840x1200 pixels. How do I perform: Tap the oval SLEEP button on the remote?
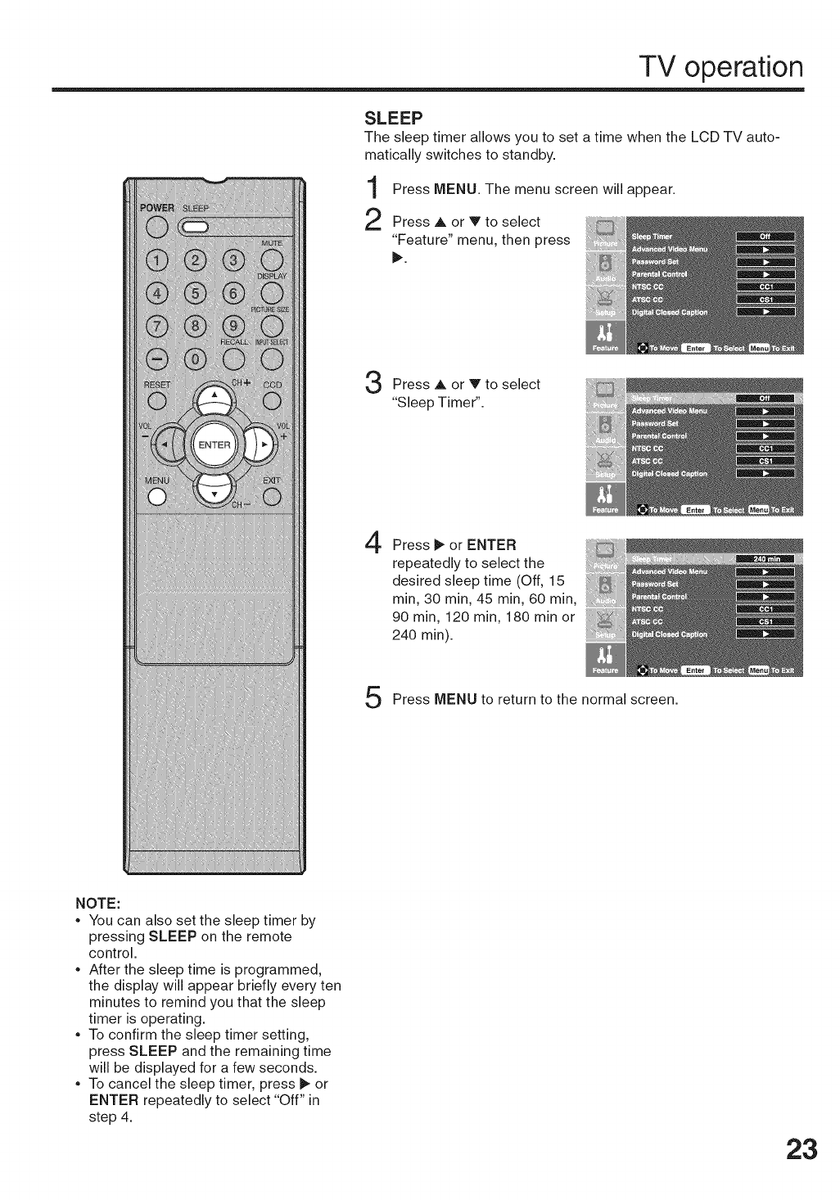point(193,228)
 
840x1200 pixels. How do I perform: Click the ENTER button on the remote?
point(214,444)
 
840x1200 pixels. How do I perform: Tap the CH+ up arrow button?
point(214,396)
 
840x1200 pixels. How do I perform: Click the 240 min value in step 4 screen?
point(765,559)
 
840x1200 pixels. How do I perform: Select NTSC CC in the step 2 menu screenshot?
point(648,287)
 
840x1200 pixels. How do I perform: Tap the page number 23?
point(797,1149)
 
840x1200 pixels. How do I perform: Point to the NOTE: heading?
point(98,904)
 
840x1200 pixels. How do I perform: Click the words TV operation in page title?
point(721,67)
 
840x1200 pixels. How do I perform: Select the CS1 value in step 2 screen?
point(765,299)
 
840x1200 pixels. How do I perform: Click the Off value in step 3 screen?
point(765,399)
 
